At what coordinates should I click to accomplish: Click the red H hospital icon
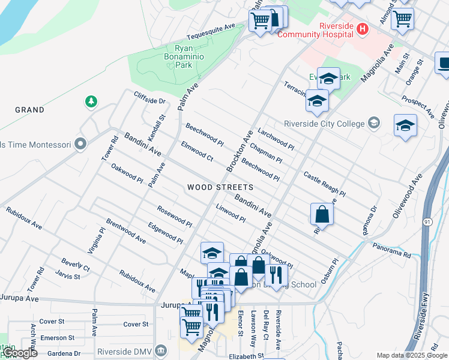coord(362,28)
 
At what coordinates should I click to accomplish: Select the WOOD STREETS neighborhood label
coord(220,187)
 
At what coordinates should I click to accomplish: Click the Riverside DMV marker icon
coord(160,350)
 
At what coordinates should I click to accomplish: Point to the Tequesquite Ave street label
coord(212,28)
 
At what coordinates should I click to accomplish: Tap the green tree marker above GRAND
coord(91,101)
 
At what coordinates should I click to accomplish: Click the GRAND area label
coord(29,110)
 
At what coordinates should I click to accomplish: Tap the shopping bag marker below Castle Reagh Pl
coord(322,215)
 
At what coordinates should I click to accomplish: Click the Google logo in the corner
coord(19,353)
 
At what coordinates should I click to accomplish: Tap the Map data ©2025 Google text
coord(411,355)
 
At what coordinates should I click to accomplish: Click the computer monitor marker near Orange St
coord(444,63)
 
